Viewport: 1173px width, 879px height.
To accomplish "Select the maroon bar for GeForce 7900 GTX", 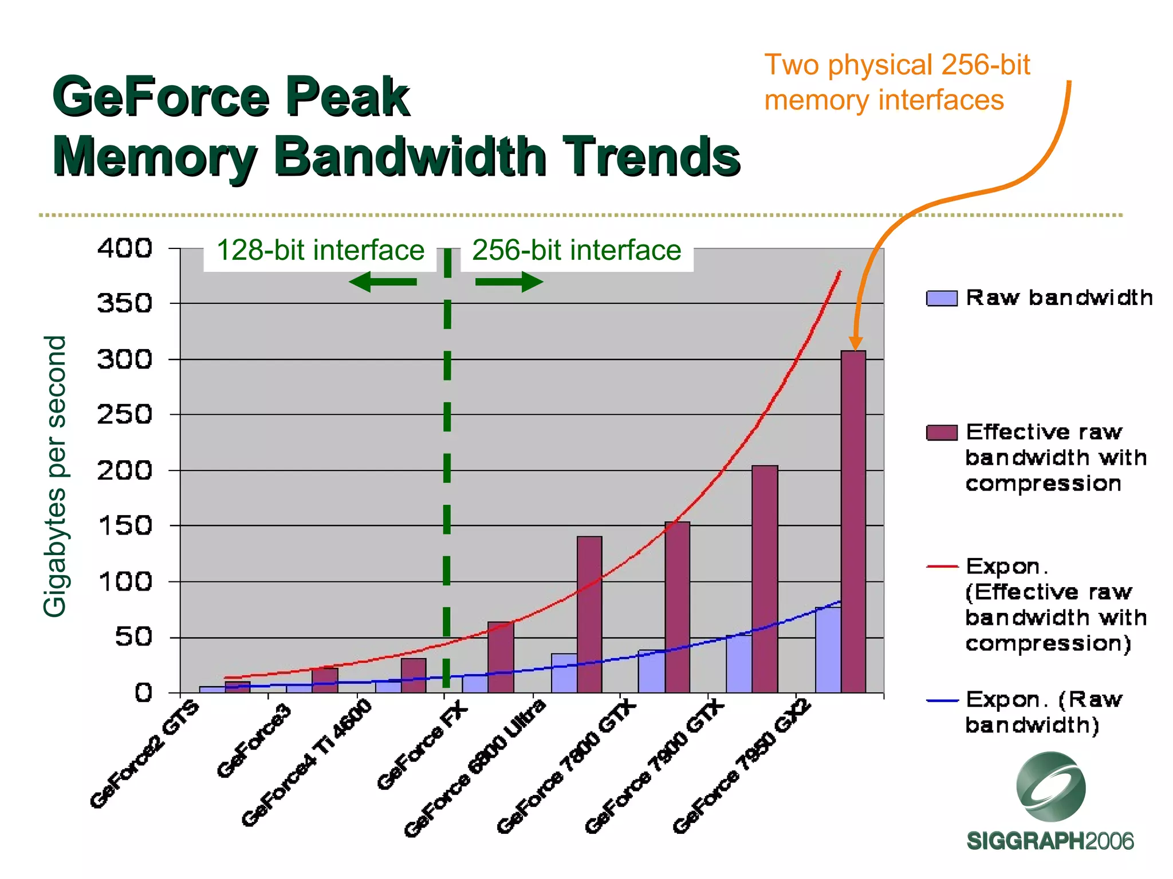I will pyautogui.click(x=765, y=578).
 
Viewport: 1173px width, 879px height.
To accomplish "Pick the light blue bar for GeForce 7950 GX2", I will pyautogui.click(x=828, y=650).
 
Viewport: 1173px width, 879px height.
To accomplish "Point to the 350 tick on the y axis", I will pyautogui.click(x=125, y=303).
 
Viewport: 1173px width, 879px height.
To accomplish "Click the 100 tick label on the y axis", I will pyautogui.click(x=125, y=581).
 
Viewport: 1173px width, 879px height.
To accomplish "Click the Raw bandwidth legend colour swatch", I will pyautogui.click(x=942, y=299).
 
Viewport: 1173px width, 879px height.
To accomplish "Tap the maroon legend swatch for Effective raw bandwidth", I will pyautogui.click(x=942, y=433).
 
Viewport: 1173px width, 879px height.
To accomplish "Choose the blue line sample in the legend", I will pyautogui.click(x=942, y=700).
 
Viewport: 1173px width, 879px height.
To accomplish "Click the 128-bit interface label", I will pyautogui.click(x=320, y=251).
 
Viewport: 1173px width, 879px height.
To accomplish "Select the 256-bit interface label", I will pyautogui.click(x=576, y=251).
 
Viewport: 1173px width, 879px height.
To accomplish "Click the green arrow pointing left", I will pyautogui.click(x=382, y=282).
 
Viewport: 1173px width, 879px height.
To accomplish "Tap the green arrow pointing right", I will pyautogui.click(x=509, y=282).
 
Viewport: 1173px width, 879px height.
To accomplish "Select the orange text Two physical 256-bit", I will pyautogui.click(x=897, y=65).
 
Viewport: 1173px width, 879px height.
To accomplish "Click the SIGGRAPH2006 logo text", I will pyautogui.click(x=1050, y=841).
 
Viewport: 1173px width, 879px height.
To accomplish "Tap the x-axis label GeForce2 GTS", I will pyautogui.click(x=145, y=754).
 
